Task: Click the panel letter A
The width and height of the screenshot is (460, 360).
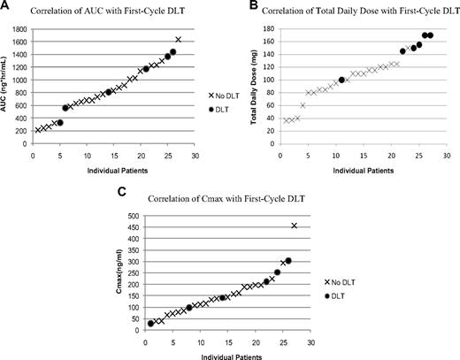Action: pyautogui.click(x=5, y=6)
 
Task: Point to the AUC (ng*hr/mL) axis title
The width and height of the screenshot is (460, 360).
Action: pyautogui.click(x=6, y=84)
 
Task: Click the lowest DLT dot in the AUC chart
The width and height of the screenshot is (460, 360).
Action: pyautogui.click(x=59, y=123)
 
